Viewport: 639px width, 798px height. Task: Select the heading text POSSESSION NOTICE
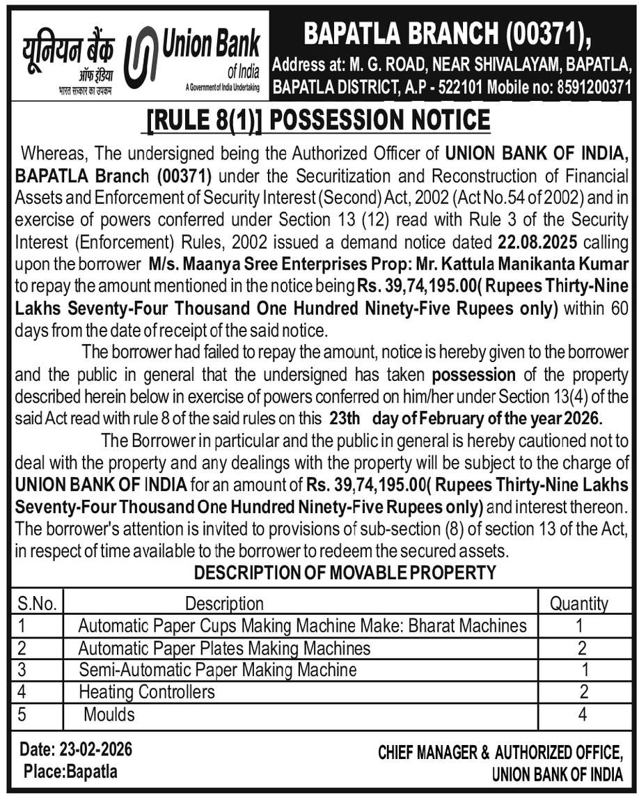[x=379, y=119]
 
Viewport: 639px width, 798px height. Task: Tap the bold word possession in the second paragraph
[x=474, y=375]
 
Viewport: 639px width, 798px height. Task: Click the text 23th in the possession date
[x=344, y=420]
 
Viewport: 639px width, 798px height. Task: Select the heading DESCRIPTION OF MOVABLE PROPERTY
[x=345, y=573]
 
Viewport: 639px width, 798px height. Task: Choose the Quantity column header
[x=578, y=603]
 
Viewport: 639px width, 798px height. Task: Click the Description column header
[x=224, y=603]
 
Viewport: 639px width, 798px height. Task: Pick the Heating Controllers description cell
[x=147, y=691]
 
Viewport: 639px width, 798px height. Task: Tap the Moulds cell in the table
[x=109, y=714]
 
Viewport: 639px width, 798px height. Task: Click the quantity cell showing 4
[x=582, y=714]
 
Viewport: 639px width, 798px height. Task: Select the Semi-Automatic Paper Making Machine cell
[x=217, y=670]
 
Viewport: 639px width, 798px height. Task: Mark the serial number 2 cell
[x=22, y=648]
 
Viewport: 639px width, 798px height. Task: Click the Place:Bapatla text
[x=70, y=772]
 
